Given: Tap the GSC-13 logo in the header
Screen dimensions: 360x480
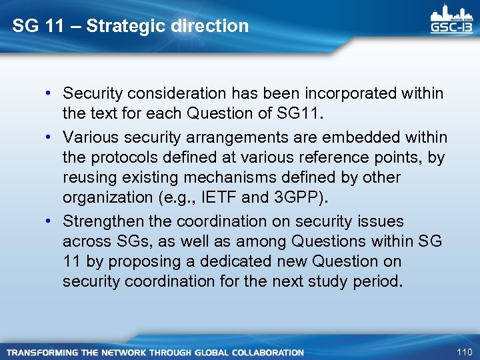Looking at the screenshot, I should [452, 22].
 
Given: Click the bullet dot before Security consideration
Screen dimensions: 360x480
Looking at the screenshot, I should [51, 94].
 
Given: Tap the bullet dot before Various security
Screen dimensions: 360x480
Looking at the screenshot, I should [51, 137].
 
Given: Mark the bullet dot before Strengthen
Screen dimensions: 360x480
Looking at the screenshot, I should [51, 221].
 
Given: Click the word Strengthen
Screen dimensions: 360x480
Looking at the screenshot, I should [104, 221].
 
